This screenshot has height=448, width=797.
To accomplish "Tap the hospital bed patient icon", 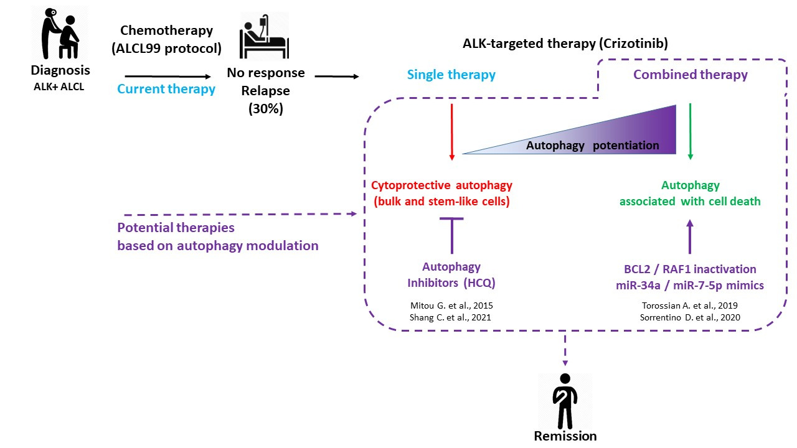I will (265, 35).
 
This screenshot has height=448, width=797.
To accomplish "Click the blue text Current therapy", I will (166, 89).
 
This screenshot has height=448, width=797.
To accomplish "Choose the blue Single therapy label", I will (451, 75).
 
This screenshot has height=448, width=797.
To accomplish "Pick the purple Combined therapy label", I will (691, 75).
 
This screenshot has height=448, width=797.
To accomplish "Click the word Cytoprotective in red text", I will (411, 185).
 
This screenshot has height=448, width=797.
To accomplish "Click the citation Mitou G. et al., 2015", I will (451, 306).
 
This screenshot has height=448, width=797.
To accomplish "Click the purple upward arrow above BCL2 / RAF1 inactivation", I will (690, 237).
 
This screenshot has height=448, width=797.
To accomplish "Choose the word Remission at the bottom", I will (565, 436).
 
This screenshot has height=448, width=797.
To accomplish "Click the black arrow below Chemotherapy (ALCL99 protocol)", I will (167, 76).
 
